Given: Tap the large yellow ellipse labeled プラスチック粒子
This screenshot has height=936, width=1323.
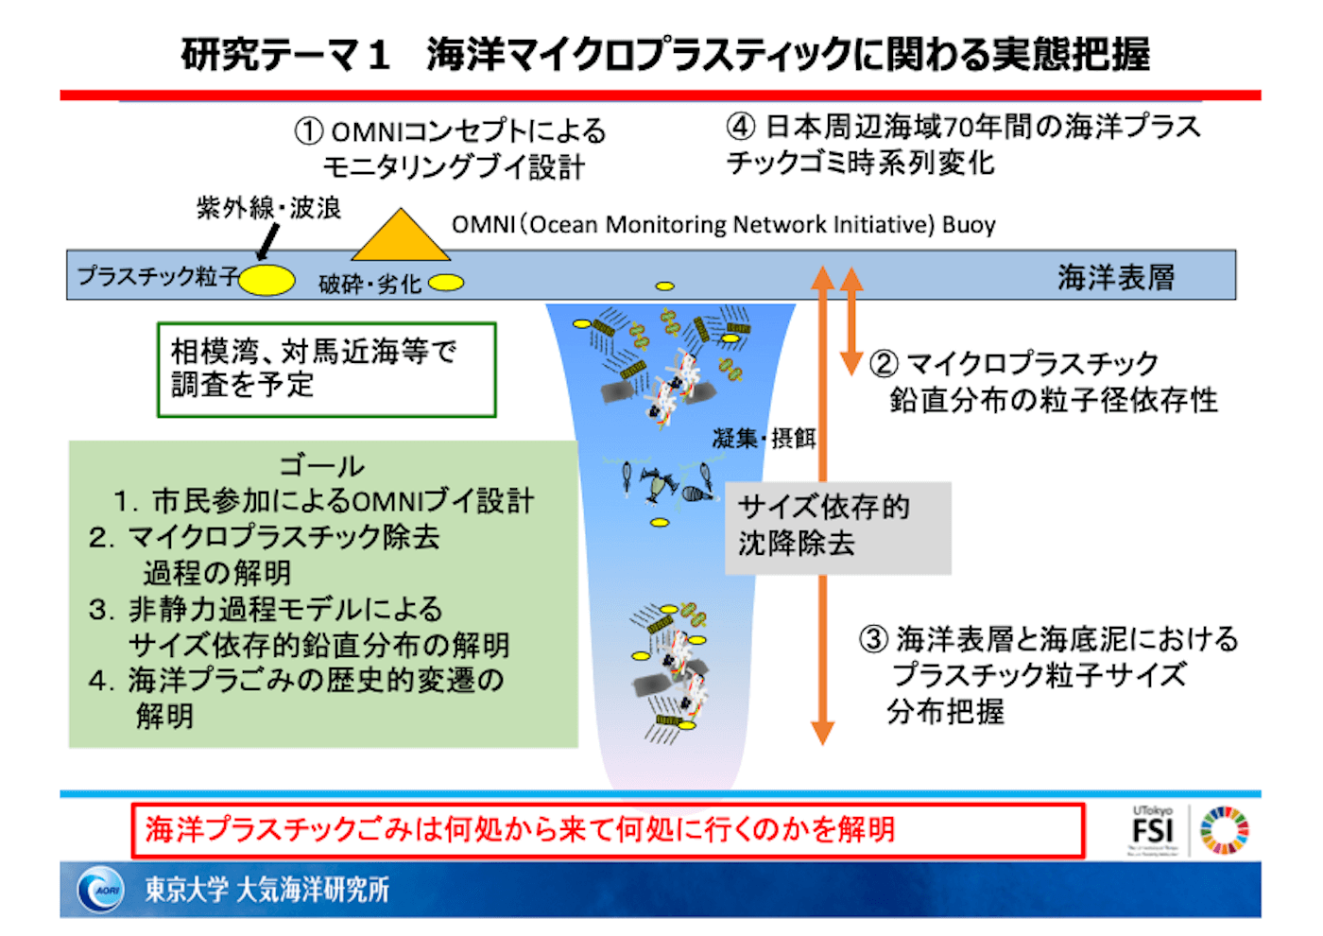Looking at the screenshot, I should pos(266,280).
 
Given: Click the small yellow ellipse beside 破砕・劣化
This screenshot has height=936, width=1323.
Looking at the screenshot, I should pos(447,282).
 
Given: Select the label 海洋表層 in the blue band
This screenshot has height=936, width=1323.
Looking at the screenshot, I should pos(1115,277).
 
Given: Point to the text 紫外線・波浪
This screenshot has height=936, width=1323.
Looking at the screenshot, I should pos(269,208).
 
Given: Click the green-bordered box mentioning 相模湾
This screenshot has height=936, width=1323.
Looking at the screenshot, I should pos(326,370).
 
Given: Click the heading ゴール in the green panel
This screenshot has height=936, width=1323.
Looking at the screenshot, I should pos(321,465).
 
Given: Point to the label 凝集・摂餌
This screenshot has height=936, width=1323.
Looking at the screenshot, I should pos(764,438).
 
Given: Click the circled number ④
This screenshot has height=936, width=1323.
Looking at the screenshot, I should pos(741,127).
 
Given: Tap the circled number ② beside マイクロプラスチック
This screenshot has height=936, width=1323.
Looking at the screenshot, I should pos(884,364).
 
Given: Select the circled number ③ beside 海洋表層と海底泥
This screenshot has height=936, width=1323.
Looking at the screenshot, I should pos(873,639).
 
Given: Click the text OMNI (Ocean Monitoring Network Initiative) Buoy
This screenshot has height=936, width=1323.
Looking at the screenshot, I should pos(723,225).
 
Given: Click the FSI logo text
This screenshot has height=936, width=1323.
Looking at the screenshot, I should pos(1152,831).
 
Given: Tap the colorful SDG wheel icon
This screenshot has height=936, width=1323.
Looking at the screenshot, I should pos(1224,830).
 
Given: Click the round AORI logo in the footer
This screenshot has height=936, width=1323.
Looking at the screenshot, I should pos(101,889).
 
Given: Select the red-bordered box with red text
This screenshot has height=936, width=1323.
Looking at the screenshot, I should pos(607,830).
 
